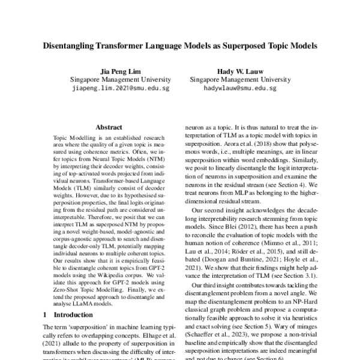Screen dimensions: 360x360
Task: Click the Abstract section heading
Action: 109,127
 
